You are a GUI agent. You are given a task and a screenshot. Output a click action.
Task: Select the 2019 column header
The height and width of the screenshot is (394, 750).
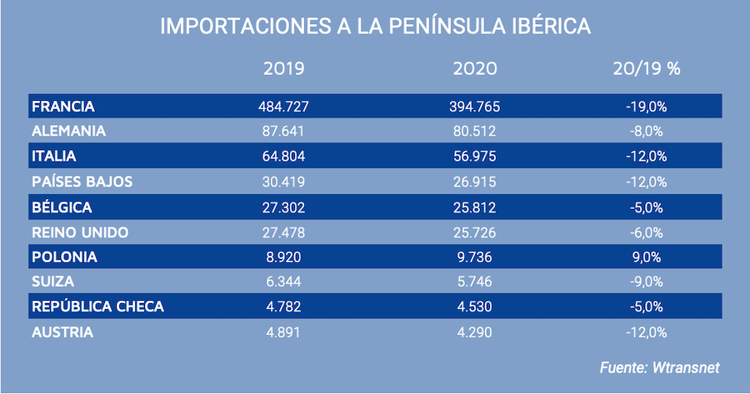[x=283, y=69]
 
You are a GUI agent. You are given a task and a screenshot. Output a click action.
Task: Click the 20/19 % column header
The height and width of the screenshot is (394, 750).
[x=646, y=69]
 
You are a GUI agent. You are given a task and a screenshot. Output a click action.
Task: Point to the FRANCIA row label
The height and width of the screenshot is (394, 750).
[x=63, y=107]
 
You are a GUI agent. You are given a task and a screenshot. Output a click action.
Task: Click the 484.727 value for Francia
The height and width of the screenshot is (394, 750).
[x=283, y=107]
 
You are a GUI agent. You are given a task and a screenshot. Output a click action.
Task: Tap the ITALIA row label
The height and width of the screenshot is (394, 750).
[x=54, y=157]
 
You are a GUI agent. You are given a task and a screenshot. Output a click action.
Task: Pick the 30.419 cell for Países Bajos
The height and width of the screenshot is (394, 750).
[x=283, y=182]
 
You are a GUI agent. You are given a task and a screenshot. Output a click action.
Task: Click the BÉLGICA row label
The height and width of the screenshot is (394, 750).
[x=62, y=207]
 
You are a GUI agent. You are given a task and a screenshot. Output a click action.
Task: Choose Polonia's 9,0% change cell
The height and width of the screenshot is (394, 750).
[x=646, y=257]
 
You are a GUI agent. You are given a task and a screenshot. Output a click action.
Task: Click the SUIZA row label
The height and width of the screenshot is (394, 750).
[x=53, y=282]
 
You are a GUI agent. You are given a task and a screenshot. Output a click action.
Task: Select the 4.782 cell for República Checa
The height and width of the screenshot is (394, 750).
[x=283, y=307]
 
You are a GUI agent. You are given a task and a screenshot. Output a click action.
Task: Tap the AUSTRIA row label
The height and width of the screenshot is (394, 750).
[x=62, y=332]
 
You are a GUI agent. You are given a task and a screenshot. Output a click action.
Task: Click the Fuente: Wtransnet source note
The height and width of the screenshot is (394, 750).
[x=658, y=367]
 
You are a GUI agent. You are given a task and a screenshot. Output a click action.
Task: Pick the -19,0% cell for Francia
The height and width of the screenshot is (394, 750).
[x=646, y=107]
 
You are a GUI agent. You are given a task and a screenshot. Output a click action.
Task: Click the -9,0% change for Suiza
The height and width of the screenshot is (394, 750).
[x=646, y=282]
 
